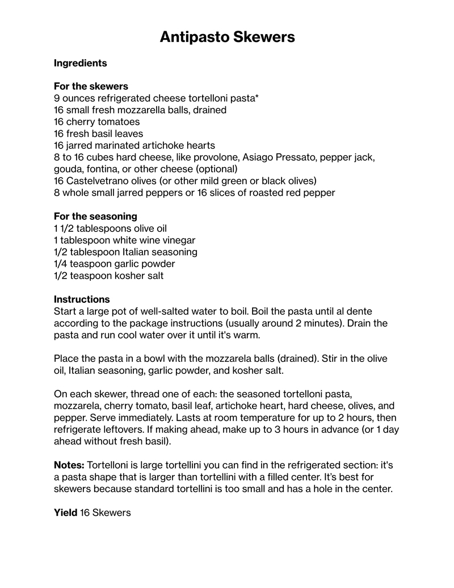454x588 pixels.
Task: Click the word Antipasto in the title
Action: click(x=192, y=37)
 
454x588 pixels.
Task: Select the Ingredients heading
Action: click(x=80, y=63)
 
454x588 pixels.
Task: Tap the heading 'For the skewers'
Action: click(x=91, y=86)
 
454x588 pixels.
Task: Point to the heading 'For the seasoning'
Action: click(x=95, y=216)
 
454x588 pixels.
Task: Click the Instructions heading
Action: click(x=82, y=299)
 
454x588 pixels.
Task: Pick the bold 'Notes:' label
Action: click(x=69, y=465)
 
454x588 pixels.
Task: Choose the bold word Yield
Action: click(x=65, y=513)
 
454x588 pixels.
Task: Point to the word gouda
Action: click(x=68, y=169)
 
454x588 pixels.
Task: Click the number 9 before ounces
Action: click(x=57, y=98)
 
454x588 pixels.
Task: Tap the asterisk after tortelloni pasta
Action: click(x=257, y=97)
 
